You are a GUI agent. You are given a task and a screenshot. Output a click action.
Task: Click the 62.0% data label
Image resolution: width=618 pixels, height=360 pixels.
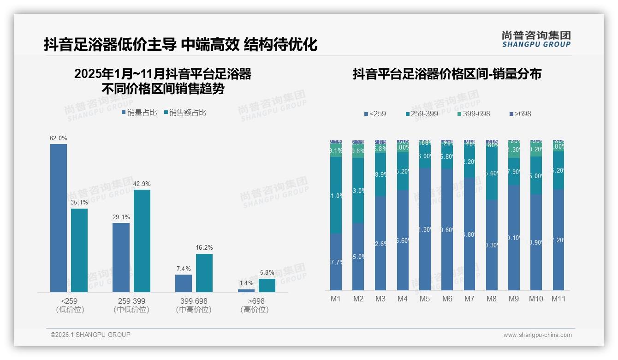click(x=59, y=138)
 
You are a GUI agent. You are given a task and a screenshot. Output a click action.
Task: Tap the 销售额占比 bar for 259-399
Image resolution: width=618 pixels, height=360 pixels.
click(x=142, y=240)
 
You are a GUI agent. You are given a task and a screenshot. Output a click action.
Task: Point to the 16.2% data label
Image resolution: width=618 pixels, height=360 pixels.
click(x=204, y=248)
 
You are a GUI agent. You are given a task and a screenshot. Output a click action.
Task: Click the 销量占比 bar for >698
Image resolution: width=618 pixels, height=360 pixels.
click(x=246, y=290)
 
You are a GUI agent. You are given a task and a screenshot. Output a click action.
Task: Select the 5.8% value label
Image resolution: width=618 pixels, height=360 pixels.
click(x=267, y=273)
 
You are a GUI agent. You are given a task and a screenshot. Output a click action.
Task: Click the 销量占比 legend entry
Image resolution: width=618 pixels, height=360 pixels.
click(x=139, y=112)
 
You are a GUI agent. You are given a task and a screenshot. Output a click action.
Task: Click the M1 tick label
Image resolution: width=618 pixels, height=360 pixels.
click(x=336, y=299)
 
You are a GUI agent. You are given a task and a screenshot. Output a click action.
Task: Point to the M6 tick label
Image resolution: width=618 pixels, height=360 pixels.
click(x=447, y=299)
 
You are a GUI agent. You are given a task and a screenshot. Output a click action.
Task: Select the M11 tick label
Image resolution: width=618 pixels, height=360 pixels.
click(x=559, y=299)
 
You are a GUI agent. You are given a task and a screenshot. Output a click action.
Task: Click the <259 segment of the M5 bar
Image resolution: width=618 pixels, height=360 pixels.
click(x=425, y=229)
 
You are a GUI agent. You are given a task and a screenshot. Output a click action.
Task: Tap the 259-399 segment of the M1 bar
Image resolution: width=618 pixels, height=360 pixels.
click(x=336, y=195)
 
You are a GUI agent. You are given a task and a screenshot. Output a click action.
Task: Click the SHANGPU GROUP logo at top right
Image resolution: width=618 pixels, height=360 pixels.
click(x=536, y=39)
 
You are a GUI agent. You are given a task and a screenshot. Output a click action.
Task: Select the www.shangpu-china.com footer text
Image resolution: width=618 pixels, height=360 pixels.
click(x=537, y=335)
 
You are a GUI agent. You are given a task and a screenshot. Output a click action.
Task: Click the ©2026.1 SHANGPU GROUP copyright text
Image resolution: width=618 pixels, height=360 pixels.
click(x=90, y=335)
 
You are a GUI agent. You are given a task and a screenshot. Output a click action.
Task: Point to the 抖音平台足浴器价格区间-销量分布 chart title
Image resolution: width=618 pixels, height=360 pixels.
click(x=447, y=74)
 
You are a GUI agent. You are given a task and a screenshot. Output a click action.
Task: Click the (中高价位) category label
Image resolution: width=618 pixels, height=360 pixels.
click(x=194, y=310)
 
